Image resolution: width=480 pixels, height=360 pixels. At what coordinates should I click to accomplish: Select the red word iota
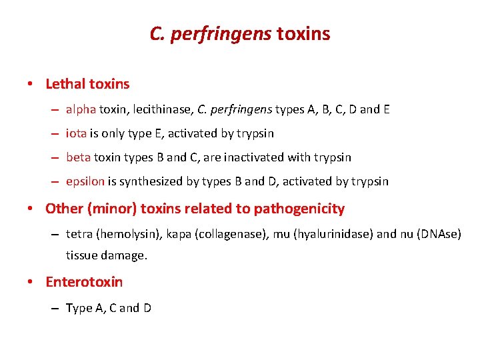tap(76, 133)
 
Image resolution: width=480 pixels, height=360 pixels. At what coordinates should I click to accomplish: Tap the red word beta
tap(79, 157)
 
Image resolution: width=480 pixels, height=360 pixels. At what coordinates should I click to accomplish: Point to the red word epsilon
tap(85, 181)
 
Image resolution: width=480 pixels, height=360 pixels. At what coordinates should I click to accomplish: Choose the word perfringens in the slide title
tap(220, 34)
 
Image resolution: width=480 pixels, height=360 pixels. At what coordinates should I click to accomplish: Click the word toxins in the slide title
tap(303, 34)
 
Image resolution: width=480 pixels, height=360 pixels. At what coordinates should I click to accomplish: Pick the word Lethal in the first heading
tap(65, 84)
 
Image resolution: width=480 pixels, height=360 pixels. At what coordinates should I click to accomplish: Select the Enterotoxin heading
tap(84, 281)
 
